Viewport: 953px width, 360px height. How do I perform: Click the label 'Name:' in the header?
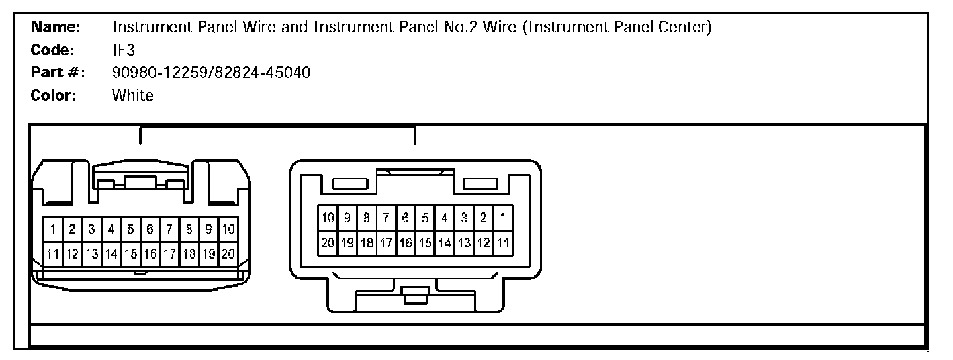pos(56,28)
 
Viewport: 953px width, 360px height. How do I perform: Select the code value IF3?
pos(124,50)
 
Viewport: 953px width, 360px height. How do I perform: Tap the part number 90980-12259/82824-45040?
pos(212,73)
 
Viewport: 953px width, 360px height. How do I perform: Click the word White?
pos(133,95)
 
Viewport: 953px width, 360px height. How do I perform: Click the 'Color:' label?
pos(54,95)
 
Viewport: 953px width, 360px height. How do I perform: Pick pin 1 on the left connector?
pos(52,230)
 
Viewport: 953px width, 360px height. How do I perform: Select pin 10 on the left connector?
pos(228,230)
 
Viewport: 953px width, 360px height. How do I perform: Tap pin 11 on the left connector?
pos(52,253)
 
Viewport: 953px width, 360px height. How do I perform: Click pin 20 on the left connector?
pos(228,253)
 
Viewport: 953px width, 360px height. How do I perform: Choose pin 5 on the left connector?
pos(130,230)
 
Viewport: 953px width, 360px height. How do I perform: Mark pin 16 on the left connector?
pos(150,253)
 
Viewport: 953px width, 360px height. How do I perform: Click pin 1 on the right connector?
pos(504,218)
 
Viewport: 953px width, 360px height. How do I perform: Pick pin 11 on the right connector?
pos(504,243)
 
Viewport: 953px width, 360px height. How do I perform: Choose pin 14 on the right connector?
pos(445,243)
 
